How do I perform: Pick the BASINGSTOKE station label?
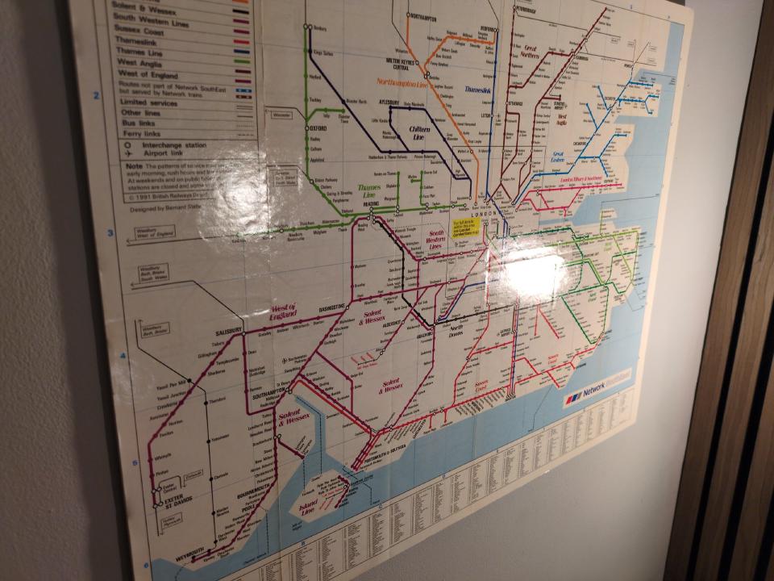point(331,307)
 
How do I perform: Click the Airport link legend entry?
point(153,155)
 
